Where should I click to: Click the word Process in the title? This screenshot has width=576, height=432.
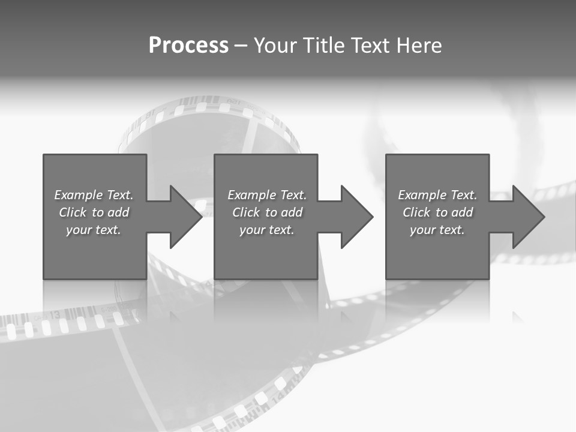click(188, 46)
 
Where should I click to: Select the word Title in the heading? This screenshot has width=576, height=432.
click(323, 46)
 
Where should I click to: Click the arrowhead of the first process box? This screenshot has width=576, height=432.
click(185, 217)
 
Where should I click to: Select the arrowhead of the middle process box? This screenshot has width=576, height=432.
click(356, 217)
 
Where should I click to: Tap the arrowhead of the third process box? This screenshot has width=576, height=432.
click(528, 217)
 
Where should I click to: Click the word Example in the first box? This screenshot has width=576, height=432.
click(78, 195)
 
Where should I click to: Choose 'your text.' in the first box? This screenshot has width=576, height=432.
click(94, 230)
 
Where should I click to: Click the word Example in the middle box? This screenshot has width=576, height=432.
click(251, 195)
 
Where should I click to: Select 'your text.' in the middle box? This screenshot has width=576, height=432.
click(266, 230)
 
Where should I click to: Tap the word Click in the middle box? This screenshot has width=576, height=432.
click(246, 212)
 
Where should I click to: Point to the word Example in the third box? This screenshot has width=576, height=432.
click(422, 195)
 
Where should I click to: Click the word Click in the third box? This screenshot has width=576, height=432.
click(416, 212)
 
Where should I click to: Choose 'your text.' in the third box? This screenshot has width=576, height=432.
click(437, 230)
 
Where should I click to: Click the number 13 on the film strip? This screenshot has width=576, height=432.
click(54, 314)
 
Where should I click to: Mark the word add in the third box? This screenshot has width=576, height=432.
click(462, 212)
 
